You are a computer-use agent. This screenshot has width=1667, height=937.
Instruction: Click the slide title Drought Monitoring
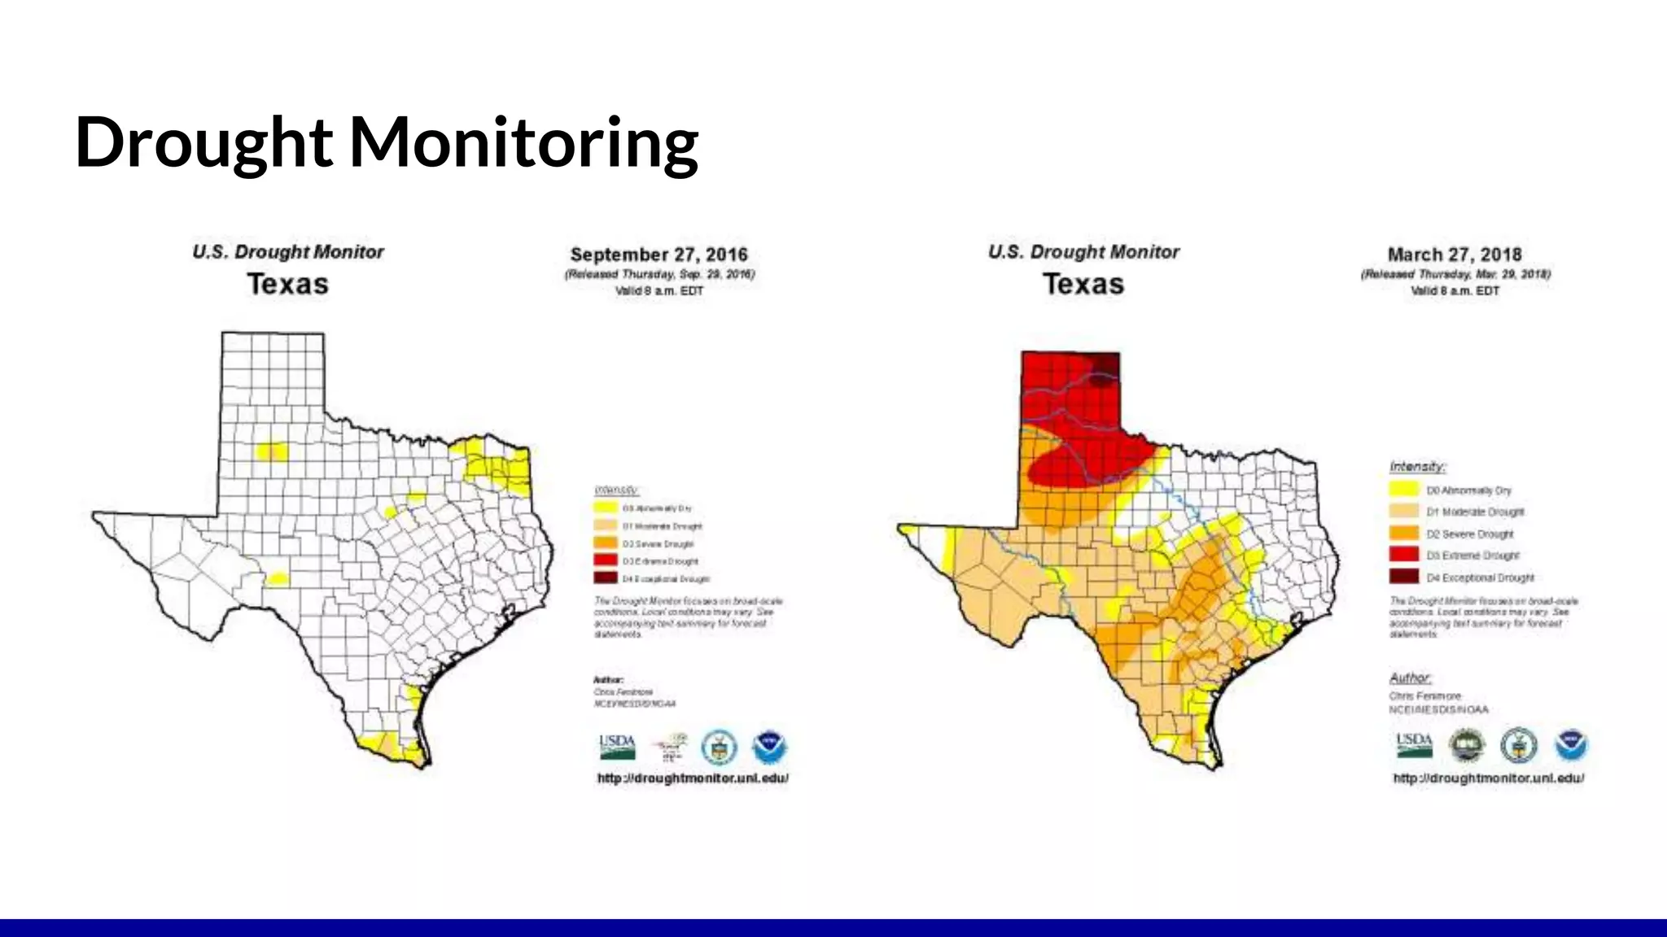[387, 142]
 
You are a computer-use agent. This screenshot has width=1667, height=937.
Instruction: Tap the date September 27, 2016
[658, 255]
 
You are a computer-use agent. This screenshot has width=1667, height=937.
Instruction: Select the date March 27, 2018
[1455, 255]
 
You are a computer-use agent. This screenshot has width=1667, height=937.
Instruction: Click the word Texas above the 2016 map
[288, 284]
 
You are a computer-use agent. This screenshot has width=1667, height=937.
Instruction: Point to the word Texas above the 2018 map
[1083, 284]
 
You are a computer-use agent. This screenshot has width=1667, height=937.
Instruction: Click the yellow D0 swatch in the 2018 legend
[1403, 490]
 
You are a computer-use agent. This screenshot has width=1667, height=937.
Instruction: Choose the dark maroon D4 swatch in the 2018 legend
[1403, 577]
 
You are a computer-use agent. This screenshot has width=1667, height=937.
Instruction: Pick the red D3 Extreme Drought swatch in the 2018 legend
[1403, 555]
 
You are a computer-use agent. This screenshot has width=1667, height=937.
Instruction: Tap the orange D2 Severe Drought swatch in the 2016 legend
[606, 543]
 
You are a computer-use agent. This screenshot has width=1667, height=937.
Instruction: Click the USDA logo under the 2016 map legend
[617, 747]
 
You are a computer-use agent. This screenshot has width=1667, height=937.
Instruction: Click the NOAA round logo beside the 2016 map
[769, 747]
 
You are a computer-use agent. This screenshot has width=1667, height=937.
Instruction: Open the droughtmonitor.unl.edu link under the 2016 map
[693, 778]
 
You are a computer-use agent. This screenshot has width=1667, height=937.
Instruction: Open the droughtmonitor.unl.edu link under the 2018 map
[1489, 778]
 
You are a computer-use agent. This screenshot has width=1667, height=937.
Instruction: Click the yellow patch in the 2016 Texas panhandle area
[272, 451]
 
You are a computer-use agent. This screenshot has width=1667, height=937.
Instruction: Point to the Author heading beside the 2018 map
[1410, 678]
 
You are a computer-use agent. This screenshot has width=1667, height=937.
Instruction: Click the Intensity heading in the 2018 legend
[1417, 466]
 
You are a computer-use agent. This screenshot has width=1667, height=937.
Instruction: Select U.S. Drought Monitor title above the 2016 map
[288, 252]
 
